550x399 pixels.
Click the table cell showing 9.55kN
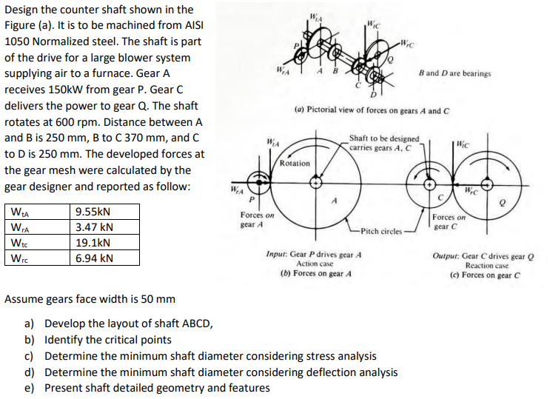[x=93, y=211]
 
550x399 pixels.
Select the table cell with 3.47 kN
[x=94, y=227]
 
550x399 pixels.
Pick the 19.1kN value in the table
[x=93, y=242]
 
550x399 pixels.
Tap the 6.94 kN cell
[x=94, y=258]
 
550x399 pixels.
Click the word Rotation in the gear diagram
[x=295, y=163]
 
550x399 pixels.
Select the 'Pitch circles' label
[x=383, y=232]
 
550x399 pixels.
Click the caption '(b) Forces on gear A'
[x=315, y=272]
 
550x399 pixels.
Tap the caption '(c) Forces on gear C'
[x=486, y=274]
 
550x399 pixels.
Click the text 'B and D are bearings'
[x=454, y=74]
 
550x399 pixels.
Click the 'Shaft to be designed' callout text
[x=383, y=138]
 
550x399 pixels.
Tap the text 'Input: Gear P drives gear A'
[x=315, y=254]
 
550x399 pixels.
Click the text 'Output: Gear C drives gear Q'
[x=486, y=255]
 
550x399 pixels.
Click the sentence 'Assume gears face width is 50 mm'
[x=90, y=299]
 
